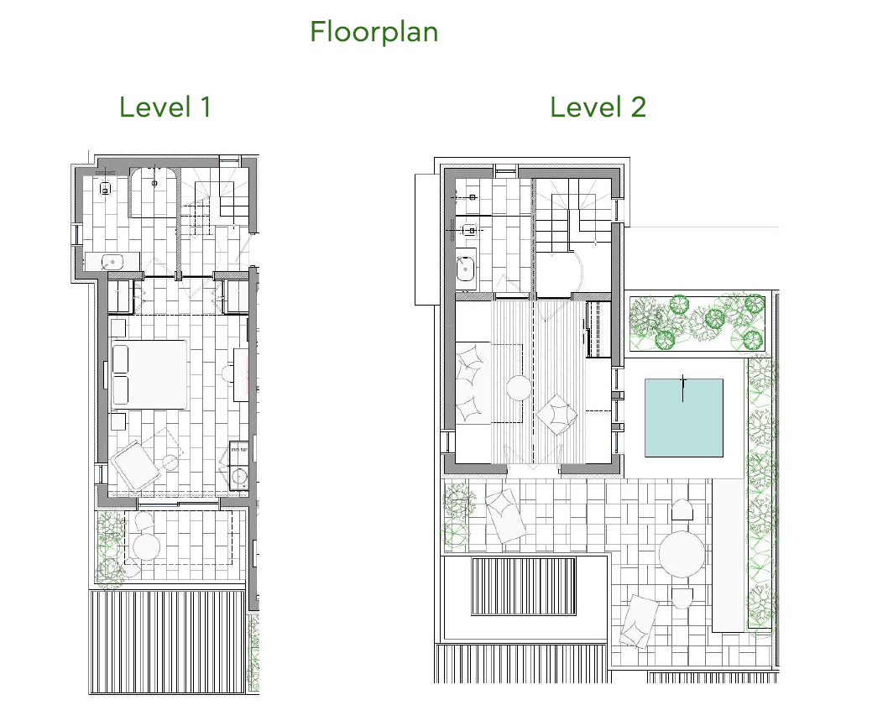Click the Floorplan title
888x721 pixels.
click(373, 33)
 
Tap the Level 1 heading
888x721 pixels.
click(165, 107)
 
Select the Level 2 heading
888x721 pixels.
click(598, 107)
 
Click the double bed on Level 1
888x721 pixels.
click(149, 374)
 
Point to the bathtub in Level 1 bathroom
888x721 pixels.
click(154, 191)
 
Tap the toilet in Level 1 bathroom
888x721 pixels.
click(105, 186)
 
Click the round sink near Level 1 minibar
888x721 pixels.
click(238, 477)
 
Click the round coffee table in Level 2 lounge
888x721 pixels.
click(518, 388)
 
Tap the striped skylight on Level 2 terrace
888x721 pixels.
click(523, 587)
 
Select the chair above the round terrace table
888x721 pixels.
click(681, 509)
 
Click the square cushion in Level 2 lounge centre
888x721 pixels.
click(556, 413)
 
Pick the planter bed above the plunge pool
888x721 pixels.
click(697, 321)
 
